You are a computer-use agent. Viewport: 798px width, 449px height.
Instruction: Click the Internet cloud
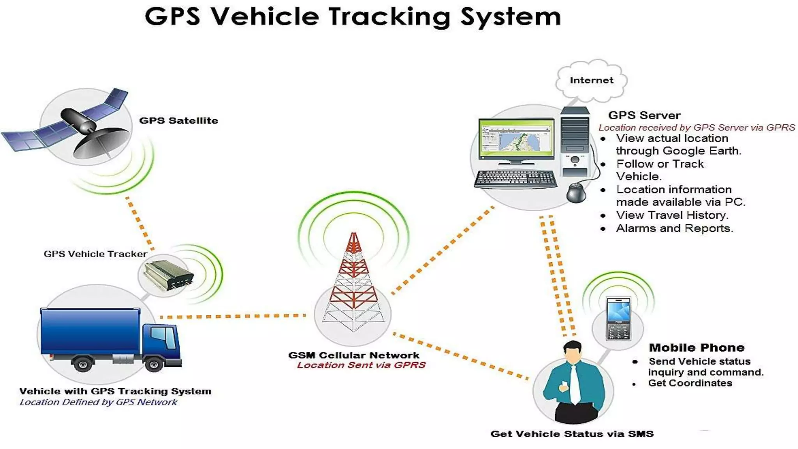point(591,80)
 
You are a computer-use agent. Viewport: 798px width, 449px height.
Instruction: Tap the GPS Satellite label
point(178,121)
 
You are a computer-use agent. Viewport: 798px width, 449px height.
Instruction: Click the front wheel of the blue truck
point(154,365)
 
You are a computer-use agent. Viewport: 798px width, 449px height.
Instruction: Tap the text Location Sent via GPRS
point(361,365)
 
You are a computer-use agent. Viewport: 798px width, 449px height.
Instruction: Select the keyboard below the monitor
point(515,179)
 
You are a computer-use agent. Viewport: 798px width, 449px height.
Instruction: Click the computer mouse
point(576,193)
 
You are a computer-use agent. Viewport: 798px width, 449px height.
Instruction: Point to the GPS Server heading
point(644,115)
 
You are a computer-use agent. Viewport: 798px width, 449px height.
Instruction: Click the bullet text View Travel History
point(672,215)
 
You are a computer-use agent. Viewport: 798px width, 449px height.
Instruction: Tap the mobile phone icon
point(618,319)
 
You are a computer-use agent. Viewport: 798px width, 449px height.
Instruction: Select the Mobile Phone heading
point(696,348)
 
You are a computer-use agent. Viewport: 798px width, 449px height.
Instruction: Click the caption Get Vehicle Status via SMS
point(572,434)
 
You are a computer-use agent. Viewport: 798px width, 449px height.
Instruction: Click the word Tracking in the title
point(389,17)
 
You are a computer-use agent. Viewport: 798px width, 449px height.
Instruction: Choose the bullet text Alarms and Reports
point(674,228)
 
